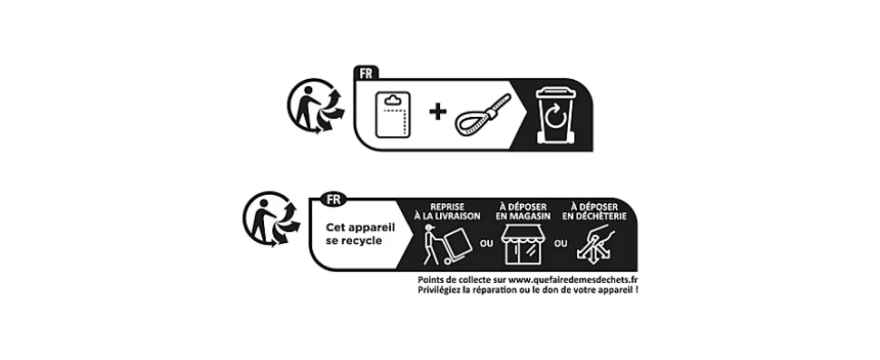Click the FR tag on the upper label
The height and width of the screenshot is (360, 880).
[366, 73]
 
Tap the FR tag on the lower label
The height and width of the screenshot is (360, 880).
[333, 199]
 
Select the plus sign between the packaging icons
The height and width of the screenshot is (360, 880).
[438, 112]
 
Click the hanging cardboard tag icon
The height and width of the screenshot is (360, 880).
[393, 114]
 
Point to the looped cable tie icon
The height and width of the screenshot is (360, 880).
[484, 114]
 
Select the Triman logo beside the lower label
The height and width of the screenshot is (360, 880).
[271, 219]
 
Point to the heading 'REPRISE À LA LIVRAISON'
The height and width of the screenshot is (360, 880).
[447, 211]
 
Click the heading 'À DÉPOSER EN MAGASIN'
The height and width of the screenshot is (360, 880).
[523, 211]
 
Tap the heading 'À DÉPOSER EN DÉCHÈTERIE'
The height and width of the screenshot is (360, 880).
[594, 211]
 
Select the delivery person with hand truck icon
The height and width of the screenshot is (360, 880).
[446, 245]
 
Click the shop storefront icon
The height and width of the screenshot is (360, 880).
[524, 245]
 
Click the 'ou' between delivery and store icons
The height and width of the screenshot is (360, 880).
[486, 243]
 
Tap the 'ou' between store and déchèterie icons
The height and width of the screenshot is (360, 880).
[561, 243]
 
